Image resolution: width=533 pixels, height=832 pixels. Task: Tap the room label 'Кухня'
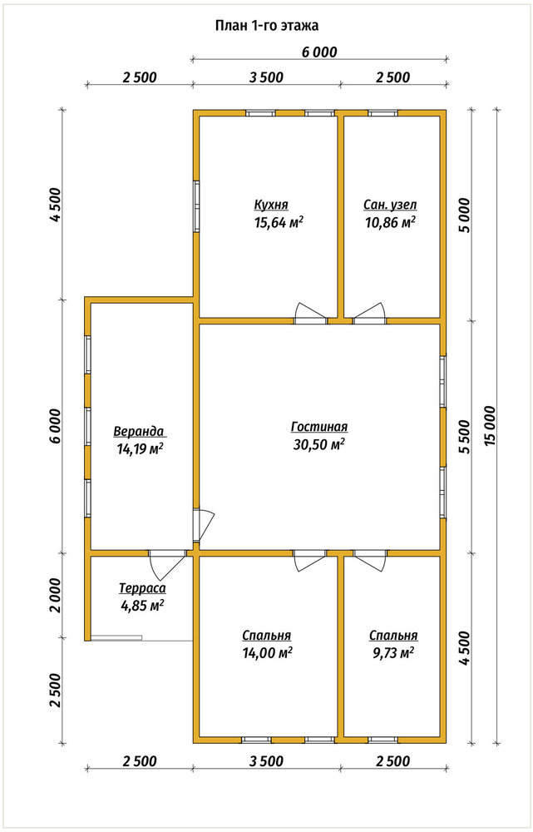[270, 205]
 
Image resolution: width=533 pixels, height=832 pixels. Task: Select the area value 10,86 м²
[390, 222]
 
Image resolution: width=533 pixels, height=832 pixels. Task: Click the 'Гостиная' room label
[319, 427]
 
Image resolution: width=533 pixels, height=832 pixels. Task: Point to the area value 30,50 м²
[319, 444]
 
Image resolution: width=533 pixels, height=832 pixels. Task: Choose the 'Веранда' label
[140, 430]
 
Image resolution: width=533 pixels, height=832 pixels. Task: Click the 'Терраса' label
[142, 588]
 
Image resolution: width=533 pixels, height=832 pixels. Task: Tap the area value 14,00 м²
[267, 653]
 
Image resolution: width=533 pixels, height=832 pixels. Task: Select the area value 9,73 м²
[393, 653]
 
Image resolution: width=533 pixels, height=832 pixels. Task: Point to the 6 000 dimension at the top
[319, 52]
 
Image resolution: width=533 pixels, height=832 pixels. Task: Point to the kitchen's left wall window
[196, 206]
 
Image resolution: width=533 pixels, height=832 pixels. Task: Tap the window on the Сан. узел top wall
[382, 113]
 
